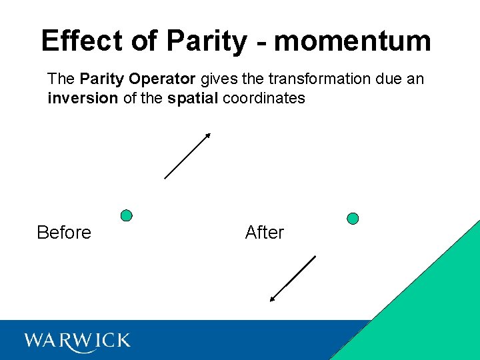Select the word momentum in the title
(x=353, y=41)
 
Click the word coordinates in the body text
(x=264, y=98)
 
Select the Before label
(x=64, y=233)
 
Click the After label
(x=265, y=233)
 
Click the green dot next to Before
(x=126, y=215)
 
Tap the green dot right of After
(x=353, y=219)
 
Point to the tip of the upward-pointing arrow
(x=209, y=134)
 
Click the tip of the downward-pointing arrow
(x=271, y=301)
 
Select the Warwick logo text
(x=77, y=341)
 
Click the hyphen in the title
(x=260, y=43)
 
